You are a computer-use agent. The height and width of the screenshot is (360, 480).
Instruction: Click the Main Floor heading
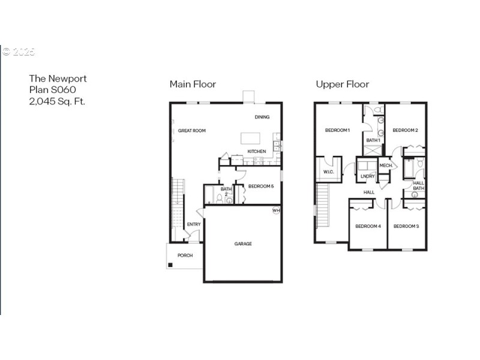tap(193, 84)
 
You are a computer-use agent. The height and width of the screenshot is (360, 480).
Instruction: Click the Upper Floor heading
tap(342, 84)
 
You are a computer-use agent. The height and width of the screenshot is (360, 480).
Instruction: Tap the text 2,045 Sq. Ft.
tap(57, 101)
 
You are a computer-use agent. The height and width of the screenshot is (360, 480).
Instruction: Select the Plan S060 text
tap(53, 90)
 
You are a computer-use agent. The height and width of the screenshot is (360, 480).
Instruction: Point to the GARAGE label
tap(243, 244)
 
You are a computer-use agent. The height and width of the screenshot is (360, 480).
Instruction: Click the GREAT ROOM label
tap(192, 130)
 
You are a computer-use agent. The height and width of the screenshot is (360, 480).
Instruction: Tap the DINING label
tap(262, 117)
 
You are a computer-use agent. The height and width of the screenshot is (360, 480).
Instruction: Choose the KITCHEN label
tap(257, 151)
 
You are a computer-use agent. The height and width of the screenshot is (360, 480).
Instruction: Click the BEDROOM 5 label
tap(261, 186)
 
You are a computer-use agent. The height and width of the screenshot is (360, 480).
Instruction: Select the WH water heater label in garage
tap(276, 211)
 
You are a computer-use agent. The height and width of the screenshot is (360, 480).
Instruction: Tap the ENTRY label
tap(194, 224)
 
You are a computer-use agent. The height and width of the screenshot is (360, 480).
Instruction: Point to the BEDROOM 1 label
tap(337, 130)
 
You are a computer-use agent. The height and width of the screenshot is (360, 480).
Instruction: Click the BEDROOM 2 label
tap(405, 130)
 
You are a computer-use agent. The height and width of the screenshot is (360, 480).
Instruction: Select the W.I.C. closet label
tap(328, 172)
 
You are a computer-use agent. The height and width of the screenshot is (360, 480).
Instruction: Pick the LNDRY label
tap(367, 176)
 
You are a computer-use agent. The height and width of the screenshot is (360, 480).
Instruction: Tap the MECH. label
tap(386, 165)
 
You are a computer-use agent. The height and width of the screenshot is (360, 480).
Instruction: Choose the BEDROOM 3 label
tap(406, 226)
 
